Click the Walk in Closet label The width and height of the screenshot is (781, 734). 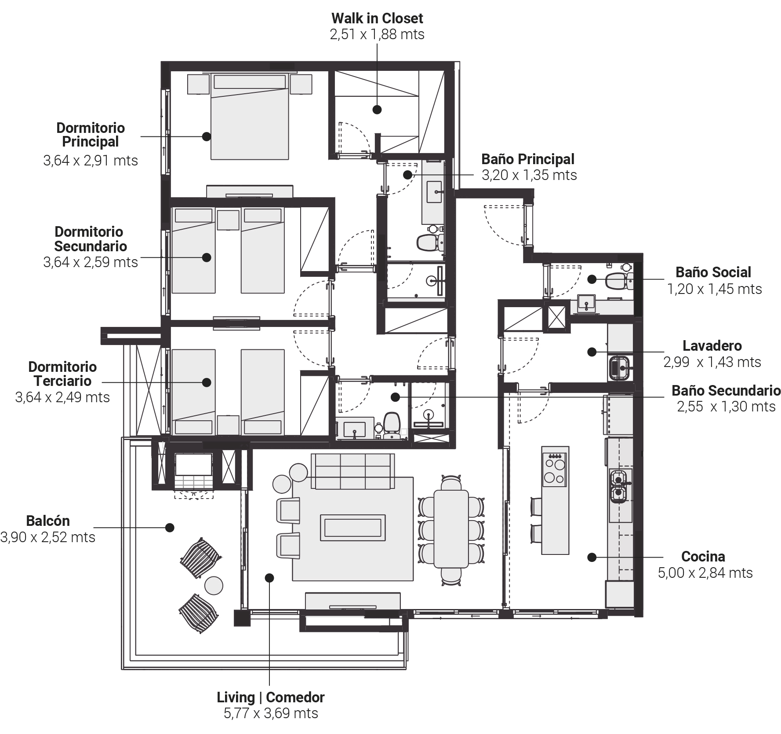[x=377, y=18]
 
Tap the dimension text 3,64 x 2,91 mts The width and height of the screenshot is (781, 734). [x=91, y=160]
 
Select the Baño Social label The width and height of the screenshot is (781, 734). [x=713, y=272]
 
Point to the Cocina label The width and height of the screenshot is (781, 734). [x=703, y=556]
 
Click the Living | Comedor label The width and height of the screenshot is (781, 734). [x=271, y=697]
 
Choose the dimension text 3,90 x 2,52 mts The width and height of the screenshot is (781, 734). [x=48, y=537]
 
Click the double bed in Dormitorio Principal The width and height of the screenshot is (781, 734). [x=250, y=116]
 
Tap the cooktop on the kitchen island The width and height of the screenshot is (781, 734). [x=555, y=469]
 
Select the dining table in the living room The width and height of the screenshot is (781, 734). [x=451, y=528]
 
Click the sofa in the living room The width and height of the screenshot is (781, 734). [x=352, y=471]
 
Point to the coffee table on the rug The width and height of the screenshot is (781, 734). [x=352, y=528]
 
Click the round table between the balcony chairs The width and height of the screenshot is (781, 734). [x=214, y=586]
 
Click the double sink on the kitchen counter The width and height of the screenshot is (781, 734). [x=619, y=486]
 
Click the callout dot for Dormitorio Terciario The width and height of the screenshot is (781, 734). [x=207, y=382]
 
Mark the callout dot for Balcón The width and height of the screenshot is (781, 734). [x=170, y=527]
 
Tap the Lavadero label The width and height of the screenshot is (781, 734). [x=712, y=345]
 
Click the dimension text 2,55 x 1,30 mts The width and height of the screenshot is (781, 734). [x=726, y=406]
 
